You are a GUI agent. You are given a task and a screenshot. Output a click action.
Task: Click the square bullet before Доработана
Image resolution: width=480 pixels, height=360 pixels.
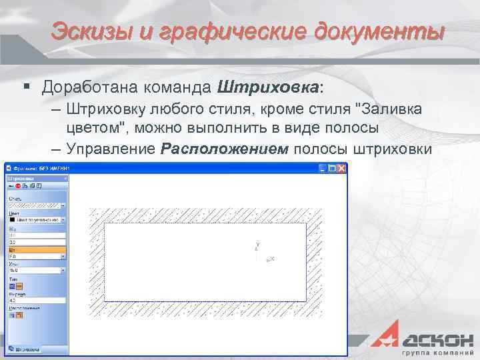[x=27, y=87]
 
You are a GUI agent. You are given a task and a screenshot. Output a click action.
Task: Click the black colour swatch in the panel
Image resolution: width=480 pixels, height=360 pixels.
[x=12, y=219]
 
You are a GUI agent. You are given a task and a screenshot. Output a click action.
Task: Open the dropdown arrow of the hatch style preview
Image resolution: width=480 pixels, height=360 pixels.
[x=63, y=205]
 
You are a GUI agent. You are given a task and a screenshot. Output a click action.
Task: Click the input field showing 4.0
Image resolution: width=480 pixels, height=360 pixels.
[x=36, y=301]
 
